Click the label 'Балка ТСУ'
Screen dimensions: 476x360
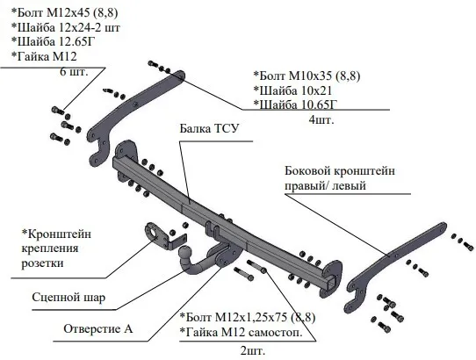coord(209,129)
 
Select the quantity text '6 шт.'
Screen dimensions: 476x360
coord(74,72)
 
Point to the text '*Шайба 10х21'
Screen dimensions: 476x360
coord(292,90)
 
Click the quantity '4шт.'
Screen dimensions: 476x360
coord(321,119)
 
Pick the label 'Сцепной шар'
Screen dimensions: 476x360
coord(69,298)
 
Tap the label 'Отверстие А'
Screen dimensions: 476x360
coord(98,328)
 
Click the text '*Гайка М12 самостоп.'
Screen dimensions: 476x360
coord(241,333)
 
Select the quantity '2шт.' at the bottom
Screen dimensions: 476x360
coord(253,351)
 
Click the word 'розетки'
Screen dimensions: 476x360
coord(42,263)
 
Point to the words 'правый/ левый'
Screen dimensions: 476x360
coord(325,185)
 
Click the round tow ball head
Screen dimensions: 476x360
coord(185,252)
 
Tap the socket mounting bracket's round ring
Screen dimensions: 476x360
coord(151,231)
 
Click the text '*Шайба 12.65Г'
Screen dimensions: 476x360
coord(54,41)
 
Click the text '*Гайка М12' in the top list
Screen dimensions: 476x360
coord(44,56)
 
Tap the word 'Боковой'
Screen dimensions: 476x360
coord(307,171)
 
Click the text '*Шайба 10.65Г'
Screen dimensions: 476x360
coord(295,104)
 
